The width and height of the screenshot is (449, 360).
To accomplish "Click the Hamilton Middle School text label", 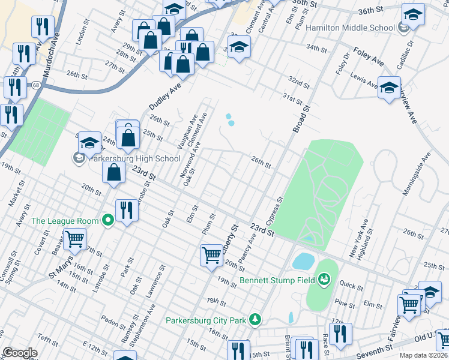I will (350, 28).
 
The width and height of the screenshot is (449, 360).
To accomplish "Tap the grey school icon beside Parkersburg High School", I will (79, 158).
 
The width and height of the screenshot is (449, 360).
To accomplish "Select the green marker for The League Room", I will (108, 221).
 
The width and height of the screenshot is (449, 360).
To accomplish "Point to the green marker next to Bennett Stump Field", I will (324, 279).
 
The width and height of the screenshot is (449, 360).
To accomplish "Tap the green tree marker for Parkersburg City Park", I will (256, 319).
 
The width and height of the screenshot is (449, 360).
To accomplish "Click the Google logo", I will (20, 353).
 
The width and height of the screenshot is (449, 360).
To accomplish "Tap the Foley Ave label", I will (369, 53).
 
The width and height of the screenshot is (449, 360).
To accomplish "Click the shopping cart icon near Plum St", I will (211, 254).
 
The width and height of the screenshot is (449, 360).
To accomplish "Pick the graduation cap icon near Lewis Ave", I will (389, 87).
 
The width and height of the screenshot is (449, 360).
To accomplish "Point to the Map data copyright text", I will (423, 355).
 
